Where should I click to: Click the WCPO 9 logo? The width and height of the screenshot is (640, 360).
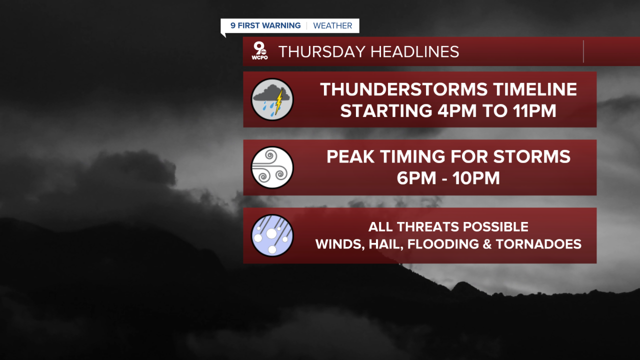[259, 50]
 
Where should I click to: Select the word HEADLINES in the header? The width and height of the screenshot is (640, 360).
[415, 51]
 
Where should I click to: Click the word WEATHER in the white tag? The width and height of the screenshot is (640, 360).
[332, 25]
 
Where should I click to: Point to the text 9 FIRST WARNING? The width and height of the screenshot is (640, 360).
[265, 25]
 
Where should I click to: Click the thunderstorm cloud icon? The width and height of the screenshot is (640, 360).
[272, 99]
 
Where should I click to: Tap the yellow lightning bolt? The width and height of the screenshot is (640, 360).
[279, 101]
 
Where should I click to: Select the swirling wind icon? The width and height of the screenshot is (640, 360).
[272, 167]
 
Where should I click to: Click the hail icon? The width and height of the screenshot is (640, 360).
[272, 235]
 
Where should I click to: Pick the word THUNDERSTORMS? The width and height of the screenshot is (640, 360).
[403, 89]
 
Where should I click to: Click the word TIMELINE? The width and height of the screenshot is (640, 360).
[535, 89]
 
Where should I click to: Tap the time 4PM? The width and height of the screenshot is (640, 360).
[457, 111]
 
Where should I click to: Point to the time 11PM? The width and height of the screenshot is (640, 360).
[534, 111]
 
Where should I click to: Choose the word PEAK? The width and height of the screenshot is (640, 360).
[350, 156]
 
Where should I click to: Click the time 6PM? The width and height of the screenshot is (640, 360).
[416, 178]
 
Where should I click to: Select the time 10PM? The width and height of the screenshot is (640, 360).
[476, 178]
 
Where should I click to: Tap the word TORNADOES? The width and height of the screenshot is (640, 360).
[538, 244]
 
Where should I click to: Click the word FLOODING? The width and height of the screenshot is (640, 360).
[443, 244]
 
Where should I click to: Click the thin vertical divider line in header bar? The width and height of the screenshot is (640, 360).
[583, 51]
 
